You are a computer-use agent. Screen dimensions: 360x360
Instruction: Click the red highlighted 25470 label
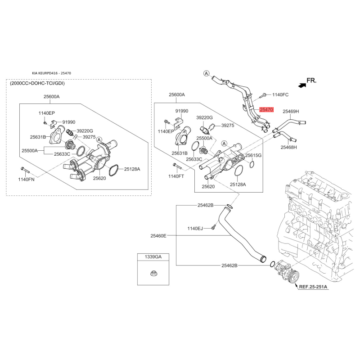click(266, 109)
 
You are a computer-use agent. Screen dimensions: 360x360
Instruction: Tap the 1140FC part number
click(280, 94)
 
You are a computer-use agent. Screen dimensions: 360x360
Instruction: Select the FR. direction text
click(311, 81)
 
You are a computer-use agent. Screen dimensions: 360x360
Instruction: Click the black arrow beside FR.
click(302, 85)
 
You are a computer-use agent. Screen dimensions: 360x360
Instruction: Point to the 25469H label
click(291, 111)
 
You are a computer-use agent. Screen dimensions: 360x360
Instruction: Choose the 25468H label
click(288, 147)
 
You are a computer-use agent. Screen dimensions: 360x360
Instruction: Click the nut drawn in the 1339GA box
click(153, 273)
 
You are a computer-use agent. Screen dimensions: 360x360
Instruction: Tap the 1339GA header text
click(153, 256)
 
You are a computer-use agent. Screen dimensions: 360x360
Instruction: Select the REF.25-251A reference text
click(313, 287)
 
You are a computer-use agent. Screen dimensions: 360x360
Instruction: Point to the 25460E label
click(158, 235)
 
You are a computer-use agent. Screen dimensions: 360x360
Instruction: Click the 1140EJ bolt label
click(195, 228)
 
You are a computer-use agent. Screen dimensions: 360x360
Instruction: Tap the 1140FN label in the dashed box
click(27, 179)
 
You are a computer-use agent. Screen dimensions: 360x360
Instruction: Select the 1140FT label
click(176, 176)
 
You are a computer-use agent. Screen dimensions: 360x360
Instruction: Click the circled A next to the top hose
click(207, 73)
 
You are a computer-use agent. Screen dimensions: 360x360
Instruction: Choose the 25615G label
click(253, 155)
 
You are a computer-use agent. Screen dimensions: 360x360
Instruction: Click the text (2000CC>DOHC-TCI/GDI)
click(37, 83)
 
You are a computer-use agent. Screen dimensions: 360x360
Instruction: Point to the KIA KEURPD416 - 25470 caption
click(51, 73)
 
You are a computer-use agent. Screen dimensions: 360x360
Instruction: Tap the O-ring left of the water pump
click(272, 264)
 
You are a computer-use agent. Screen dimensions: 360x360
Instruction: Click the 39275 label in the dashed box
click(89, 137)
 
